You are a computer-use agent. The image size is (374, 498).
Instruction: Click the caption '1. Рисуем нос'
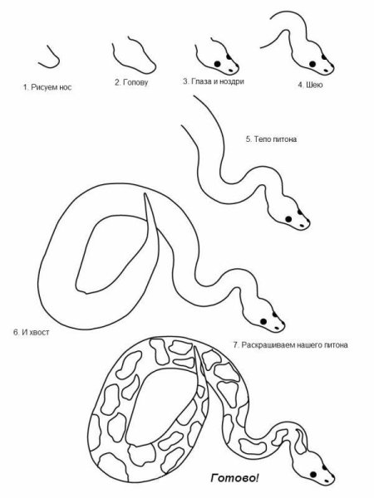47,87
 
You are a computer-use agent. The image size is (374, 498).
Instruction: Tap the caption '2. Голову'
131,82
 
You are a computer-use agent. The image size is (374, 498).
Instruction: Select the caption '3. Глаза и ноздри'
214,81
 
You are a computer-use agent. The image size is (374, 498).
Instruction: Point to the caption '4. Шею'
310,85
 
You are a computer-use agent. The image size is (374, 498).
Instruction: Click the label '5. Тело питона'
271,139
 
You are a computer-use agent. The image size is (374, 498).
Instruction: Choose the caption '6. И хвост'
32,333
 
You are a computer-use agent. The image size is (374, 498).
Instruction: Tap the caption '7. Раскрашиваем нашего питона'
290,345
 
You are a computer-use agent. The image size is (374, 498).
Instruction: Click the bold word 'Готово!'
234,478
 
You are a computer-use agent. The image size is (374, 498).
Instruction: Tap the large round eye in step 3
217,64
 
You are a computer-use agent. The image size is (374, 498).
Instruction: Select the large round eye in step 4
312,64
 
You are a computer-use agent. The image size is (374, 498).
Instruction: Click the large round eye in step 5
288,219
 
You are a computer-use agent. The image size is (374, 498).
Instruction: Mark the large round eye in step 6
263,321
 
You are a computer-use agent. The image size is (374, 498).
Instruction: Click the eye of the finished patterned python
313,475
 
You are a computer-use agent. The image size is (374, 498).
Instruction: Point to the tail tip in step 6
145,194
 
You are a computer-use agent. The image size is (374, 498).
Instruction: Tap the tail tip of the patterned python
195,348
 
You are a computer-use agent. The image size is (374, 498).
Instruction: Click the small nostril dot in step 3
230,71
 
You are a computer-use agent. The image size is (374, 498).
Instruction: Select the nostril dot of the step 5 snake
302,226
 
